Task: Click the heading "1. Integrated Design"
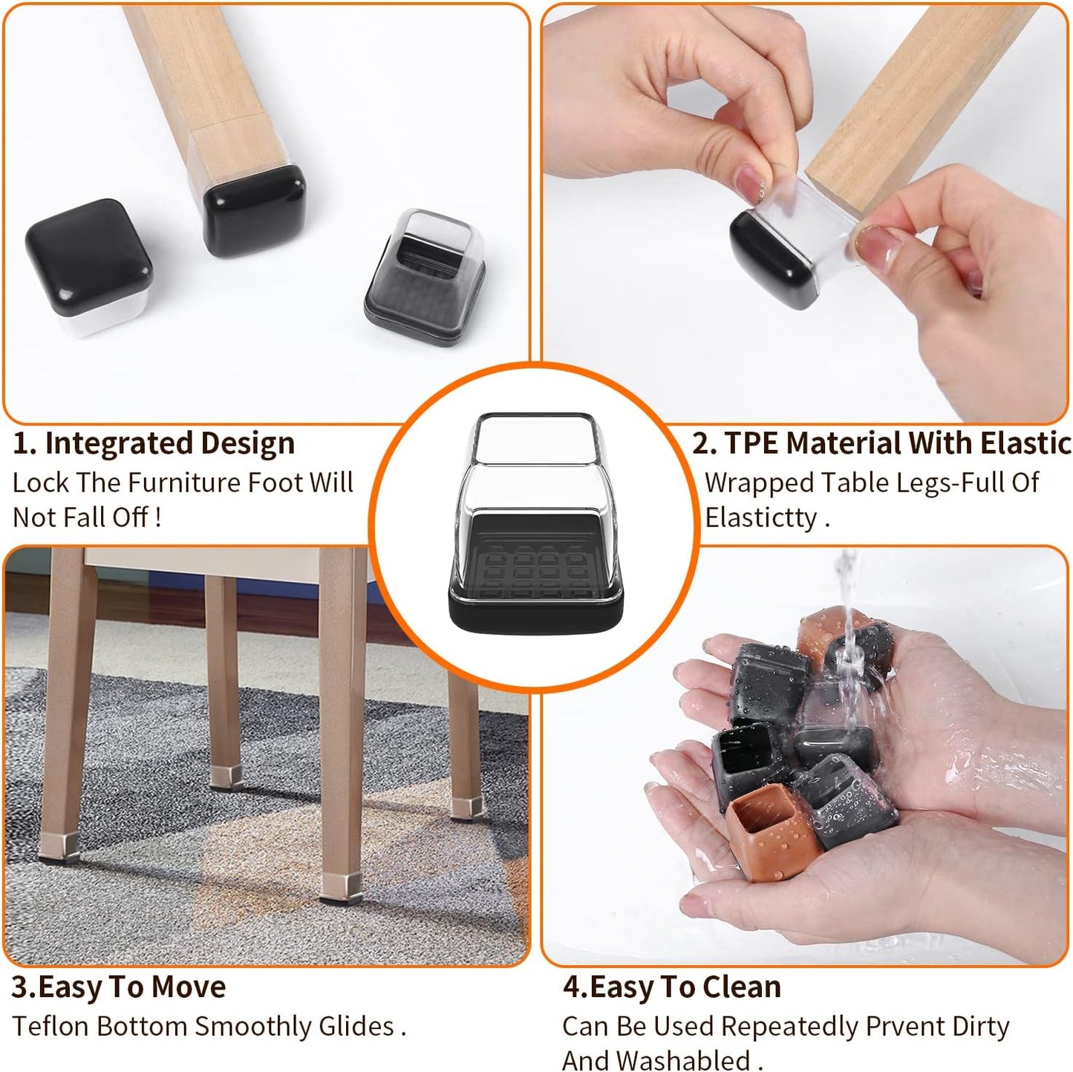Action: pyautogui.click(x=154, y=443)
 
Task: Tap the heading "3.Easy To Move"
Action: pyautogui.click(x=118, y=987)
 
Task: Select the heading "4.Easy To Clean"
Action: pyautogui.click(x=671, y=987)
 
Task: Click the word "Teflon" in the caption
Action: pyautogui.click(x=50, y=1026)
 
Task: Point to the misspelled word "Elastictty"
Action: pyautogui.click(x=761, y=517)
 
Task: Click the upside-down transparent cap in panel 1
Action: pyautogui.click(x=425, y=276)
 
